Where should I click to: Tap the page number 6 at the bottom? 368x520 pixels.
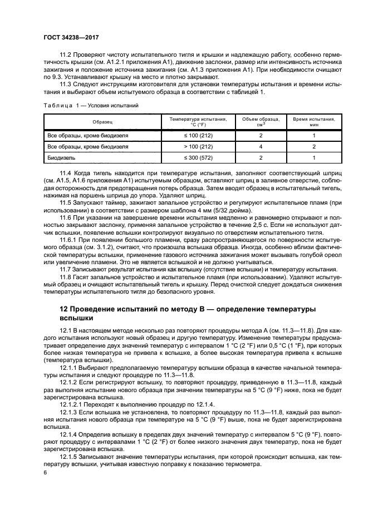(x=46, y=472)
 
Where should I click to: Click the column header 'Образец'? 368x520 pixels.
(x=103, y=121)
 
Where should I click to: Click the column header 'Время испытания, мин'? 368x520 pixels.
(x=313, y=121)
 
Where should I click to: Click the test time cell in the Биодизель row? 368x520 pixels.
(x=313, y=158)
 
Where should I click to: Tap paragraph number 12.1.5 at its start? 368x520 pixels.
(x=69, y=455)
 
